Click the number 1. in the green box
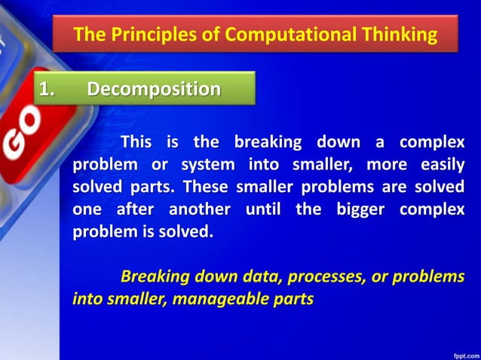click(49, 89)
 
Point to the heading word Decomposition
click(154, 89)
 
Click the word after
click(133, 209)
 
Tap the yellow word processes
click(320, 276)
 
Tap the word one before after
click(86, 209)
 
